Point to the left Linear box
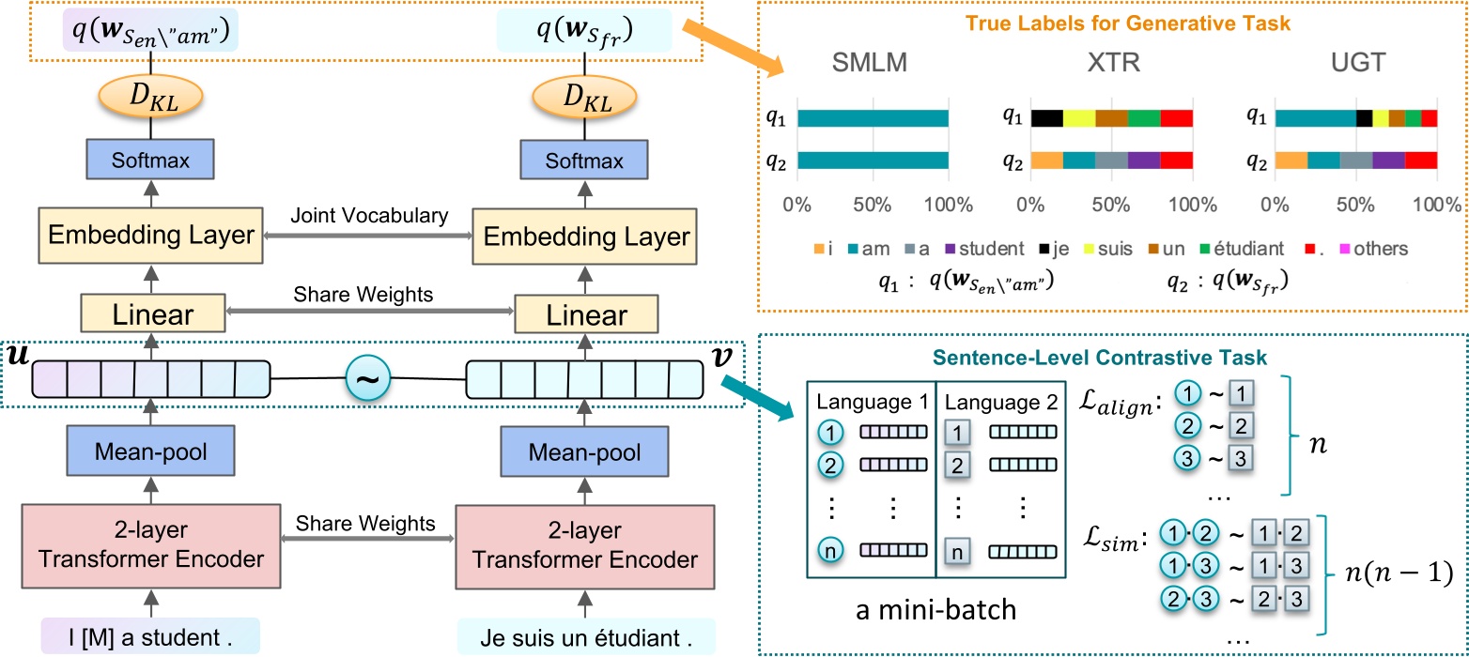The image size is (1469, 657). [x=151, y=314]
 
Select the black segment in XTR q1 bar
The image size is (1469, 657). [x=1046, y=118]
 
